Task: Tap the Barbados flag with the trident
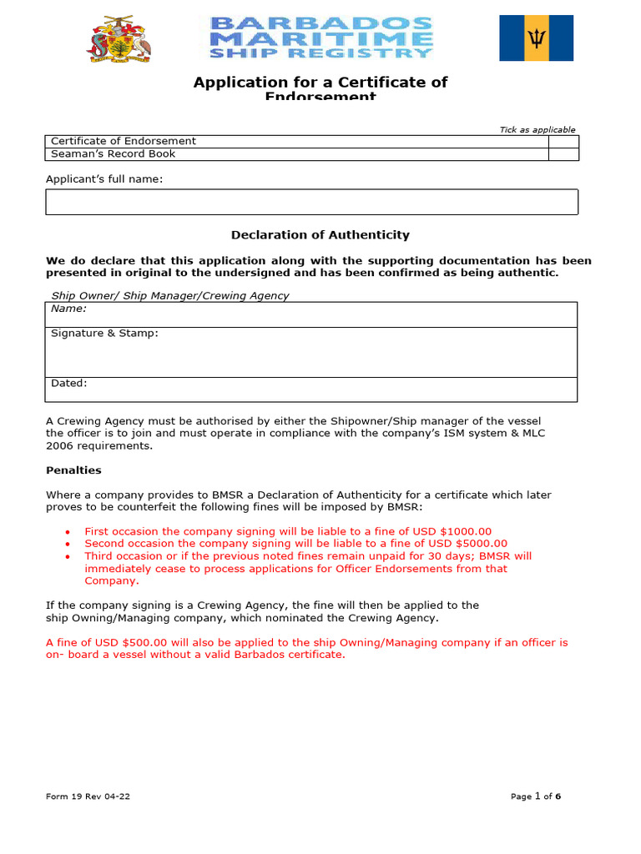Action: click(x=536, y=38)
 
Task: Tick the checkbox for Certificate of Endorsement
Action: click(x=563, y=142)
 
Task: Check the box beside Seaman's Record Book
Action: click(x=563, y=154)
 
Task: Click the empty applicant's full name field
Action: click(x=311, y=202)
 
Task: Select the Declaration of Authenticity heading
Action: click(x=320, y=235)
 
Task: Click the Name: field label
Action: click(x=68, y=309)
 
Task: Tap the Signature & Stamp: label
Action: click(x=104, y=334)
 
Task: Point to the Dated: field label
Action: click(x=68, y=384)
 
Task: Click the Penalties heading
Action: click(x=73, y=470)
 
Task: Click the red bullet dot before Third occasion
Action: click(x=68, y=556)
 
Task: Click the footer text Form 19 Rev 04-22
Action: click(x=88, y=796)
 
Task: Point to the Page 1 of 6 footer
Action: click(x=535, y=796)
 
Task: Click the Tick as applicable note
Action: click(x=537, y=130)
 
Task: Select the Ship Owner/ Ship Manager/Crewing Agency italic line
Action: click(x=170, y=296)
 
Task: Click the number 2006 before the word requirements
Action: click(x=59, y=445)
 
